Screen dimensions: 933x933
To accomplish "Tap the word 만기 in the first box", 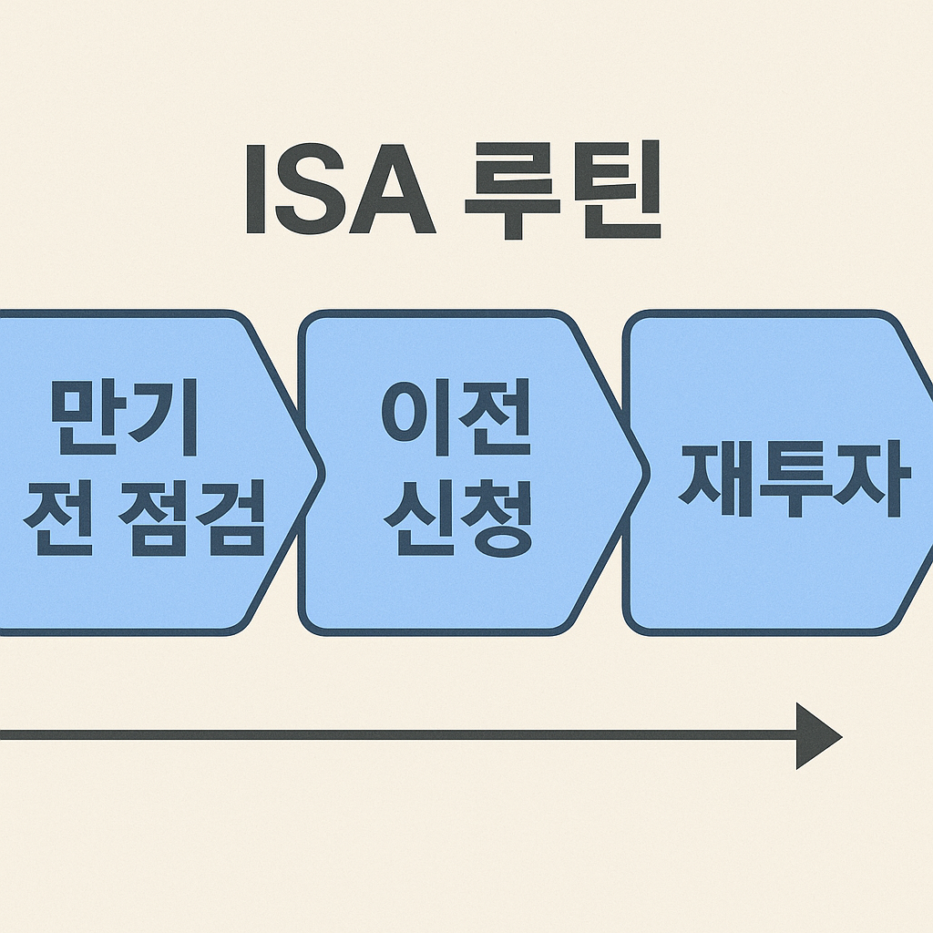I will coord(124,417).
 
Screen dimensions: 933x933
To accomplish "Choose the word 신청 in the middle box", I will coord(456,523).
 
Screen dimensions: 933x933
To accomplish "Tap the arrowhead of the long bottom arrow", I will coord(816,735).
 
